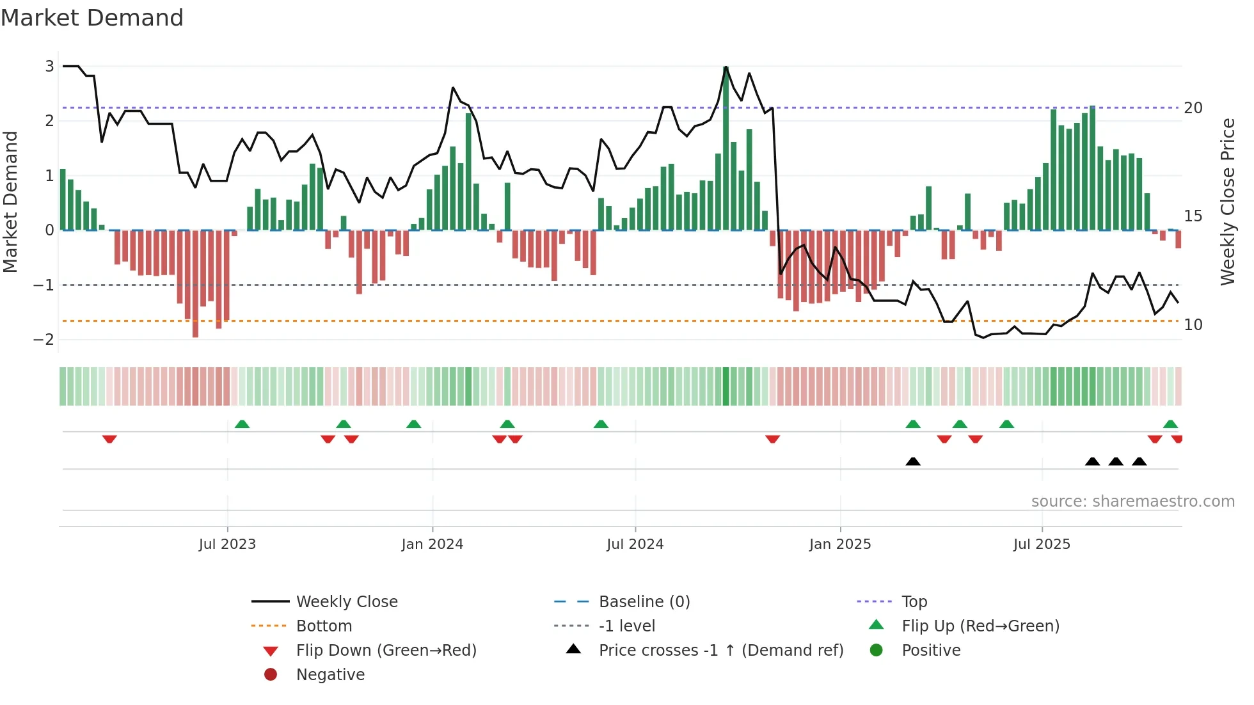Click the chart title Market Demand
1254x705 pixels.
coord(92,18)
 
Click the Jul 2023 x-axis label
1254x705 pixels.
coord(227,544)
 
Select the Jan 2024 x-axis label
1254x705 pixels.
coord(432,544)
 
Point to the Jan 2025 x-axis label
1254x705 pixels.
coord(839,544)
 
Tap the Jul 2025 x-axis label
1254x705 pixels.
coord(1042,544)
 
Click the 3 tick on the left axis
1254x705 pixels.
coord(49,67)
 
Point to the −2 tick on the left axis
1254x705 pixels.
coord(44,340)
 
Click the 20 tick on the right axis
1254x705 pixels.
coord(1193,108)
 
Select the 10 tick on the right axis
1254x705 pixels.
coord(1193,325)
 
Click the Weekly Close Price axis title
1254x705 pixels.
coord(1227,202)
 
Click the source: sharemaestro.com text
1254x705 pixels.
coord(1132,502)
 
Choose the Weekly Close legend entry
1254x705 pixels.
coord(346,602)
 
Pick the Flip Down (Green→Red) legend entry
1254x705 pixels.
coord(386,651)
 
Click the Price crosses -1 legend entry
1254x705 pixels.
coord(720,651)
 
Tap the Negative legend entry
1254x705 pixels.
coord(330,675)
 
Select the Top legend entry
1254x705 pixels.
coord(914,602)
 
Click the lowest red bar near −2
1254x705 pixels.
coord(195,285)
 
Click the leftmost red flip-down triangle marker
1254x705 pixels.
coord(109,439)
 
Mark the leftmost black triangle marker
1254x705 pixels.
coord(913,461)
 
